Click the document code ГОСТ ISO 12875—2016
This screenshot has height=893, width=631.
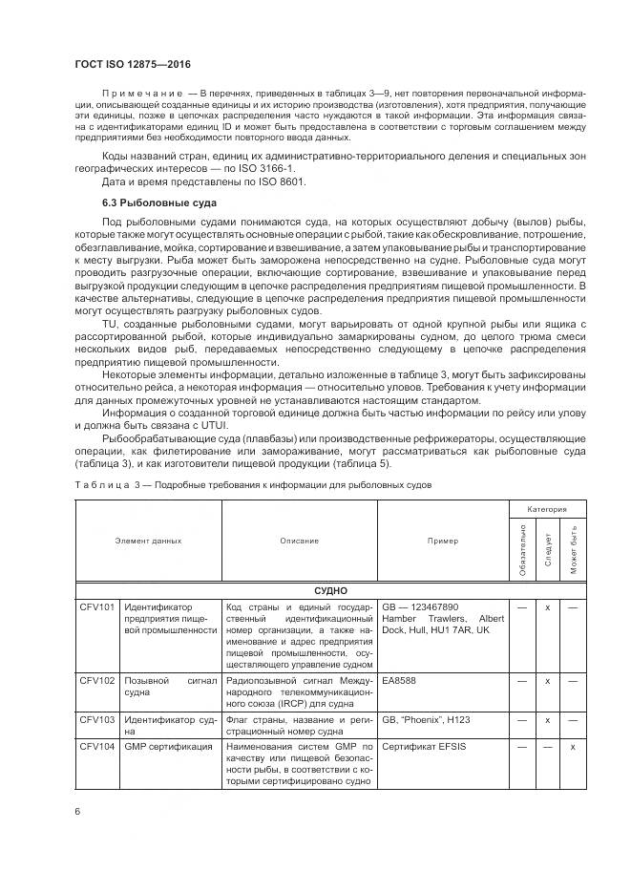coord(132,64)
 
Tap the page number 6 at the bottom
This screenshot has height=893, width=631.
coord(76,811)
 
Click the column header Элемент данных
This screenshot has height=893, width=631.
coord(148,542)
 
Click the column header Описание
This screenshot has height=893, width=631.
coord(300,542)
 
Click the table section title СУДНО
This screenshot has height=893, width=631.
coord(329,591)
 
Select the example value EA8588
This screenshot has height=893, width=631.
coord(400,680)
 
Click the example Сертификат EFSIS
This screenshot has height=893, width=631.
coord(424,747)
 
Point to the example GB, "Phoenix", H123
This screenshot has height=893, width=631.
coord(426,720)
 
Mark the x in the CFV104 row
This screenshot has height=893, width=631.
coord(573,747)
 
